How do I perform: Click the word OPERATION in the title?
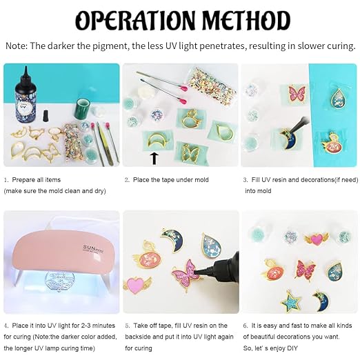pos(135,21)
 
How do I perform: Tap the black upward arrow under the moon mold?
pos(154,159)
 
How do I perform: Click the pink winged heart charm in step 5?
pos(137,285)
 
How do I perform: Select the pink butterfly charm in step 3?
pos(297,94)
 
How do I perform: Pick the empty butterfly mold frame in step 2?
pos(190,152)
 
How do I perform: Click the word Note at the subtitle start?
pos(15,46)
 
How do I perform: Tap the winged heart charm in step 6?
pos(317,239)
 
